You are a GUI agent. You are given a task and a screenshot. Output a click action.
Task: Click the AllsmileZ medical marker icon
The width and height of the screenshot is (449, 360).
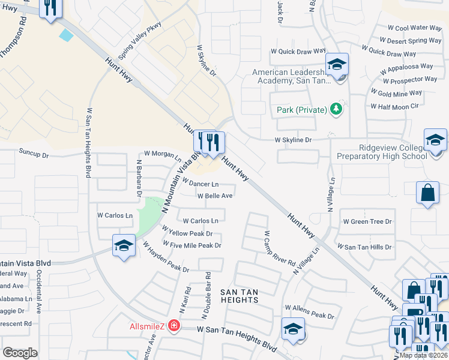coord(174,326)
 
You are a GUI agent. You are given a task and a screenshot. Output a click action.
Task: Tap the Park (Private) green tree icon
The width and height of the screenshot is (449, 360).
coord(337,110)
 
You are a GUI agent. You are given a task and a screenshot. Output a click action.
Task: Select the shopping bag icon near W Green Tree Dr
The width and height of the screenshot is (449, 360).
coord(427,193)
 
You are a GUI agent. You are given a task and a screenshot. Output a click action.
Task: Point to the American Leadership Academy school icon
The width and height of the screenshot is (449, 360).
coord(337,64)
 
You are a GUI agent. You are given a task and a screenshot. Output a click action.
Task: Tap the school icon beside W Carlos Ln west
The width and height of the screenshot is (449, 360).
coord(124,245)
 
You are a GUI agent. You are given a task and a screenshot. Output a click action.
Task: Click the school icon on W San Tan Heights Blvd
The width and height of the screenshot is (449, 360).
coord(293,329)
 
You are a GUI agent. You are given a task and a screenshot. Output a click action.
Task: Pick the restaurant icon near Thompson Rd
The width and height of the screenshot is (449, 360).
coord(49,8)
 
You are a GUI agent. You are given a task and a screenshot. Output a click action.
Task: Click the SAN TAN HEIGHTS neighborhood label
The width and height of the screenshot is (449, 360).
coord(239,296)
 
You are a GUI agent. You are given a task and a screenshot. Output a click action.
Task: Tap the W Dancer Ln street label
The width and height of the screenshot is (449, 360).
coord(200,183)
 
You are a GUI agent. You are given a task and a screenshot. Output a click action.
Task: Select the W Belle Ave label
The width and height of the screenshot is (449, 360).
coord(215,196)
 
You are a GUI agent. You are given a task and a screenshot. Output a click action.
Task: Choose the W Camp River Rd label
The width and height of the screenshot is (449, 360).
coord(279,249)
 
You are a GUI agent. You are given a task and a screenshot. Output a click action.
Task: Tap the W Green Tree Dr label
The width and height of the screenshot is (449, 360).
coord(367,221)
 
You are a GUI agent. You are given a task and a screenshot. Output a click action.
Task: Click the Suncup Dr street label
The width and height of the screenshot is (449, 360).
coord(34,153)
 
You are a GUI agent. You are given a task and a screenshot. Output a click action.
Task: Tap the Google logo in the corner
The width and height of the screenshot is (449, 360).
coord(20,353)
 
